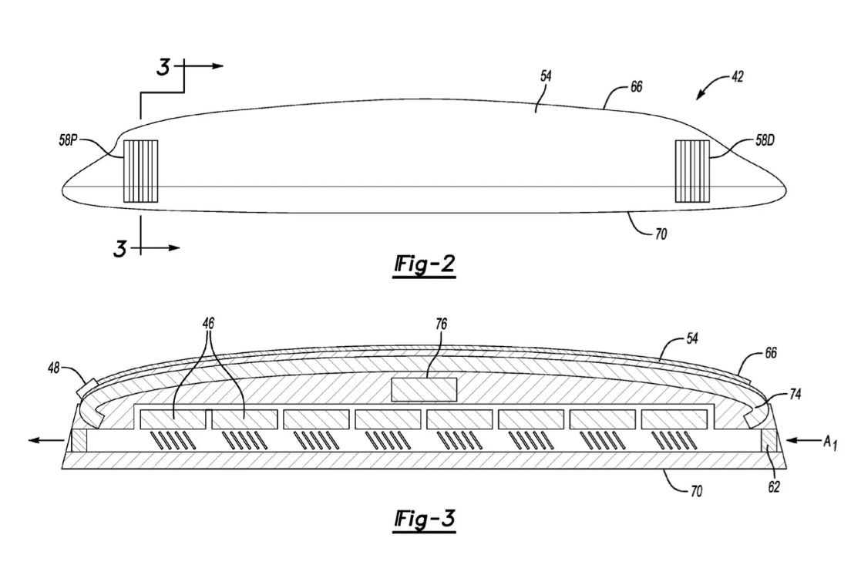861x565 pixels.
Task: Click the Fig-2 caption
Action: (x=425, y=265)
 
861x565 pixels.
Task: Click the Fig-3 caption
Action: (x=425, y=519)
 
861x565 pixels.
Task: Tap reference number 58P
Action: (x=68, y=140)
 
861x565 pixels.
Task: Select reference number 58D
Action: (x=765, y=140)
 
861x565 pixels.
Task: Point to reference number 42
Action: (x=737, y=76)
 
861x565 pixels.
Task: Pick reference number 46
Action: (x=208, y=324)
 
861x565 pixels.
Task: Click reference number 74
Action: (x=795, y=394)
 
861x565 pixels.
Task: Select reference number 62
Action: (x=774, y=487)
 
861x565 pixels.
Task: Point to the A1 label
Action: (x=829, y=442)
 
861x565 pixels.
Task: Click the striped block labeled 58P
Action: (x=140, y=171)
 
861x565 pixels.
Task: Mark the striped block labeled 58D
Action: (x=692, y=171)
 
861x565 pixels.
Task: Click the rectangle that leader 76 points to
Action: (x=424, y=389)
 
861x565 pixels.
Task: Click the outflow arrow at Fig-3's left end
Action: (x=46, y=440)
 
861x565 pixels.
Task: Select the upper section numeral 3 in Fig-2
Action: (x=163, y=68)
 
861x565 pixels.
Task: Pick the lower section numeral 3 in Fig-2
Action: (x=120, y=249)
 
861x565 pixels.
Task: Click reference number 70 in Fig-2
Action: (x=661, y=234)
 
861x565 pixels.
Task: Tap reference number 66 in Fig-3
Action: (x=771, y=352)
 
